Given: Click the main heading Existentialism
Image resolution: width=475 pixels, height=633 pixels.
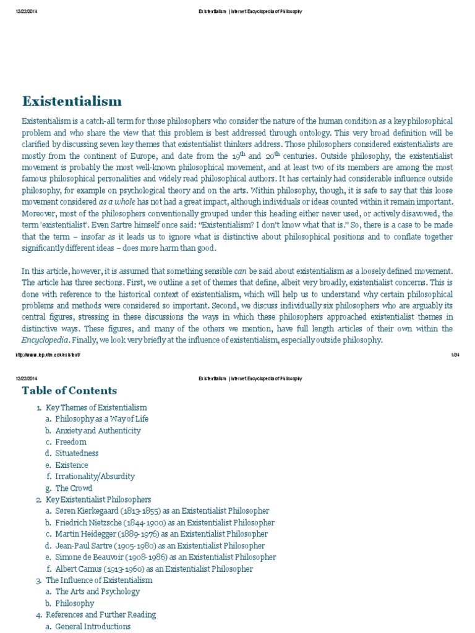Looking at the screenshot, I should [x=72, y=101].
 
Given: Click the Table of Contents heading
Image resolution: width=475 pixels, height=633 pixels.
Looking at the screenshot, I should [x=69, y=390].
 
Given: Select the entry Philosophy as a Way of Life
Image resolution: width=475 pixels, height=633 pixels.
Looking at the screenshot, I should [x=102, y=419].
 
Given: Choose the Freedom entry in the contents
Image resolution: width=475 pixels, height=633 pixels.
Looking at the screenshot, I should [x=71, y=442].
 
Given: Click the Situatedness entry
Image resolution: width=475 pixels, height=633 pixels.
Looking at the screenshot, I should [x=77, y=454].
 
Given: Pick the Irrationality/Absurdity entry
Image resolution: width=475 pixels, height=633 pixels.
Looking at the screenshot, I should [x=95, y=477].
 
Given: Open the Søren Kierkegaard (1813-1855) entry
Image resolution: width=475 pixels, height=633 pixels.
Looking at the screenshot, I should [x=162, y=511].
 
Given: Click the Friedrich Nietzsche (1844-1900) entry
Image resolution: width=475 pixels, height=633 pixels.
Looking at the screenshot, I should [x=165, y=522].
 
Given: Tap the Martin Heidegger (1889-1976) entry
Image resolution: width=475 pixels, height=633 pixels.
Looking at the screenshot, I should [x=161, y=534].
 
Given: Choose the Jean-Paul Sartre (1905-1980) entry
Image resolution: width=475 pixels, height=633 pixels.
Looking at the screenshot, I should [x=160, y=546].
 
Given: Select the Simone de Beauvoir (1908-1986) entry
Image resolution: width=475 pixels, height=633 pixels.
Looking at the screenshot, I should [x=165, y=558].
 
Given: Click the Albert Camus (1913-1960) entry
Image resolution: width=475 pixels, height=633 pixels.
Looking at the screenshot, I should [x=154, y=569].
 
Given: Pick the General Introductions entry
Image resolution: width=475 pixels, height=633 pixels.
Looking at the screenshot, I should [x=93, y=626].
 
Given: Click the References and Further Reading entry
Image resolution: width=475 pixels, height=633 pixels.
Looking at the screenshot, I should [x=101, y=614].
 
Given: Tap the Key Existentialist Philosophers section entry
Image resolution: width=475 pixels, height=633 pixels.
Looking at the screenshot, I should [x=98, y=499].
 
